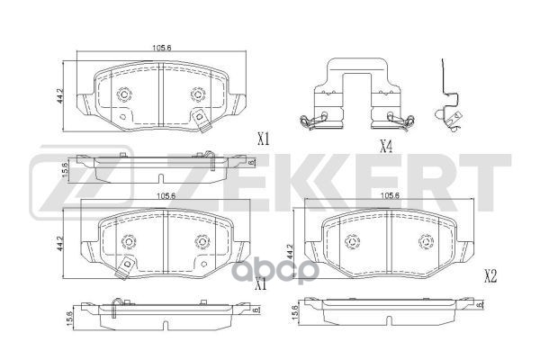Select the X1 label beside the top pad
(x=263, y=139)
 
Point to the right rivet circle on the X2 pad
(x=424, y=240)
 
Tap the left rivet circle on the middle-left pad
(x=127, y=241)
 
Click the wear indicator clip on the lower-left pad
(x=128, y=263)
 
